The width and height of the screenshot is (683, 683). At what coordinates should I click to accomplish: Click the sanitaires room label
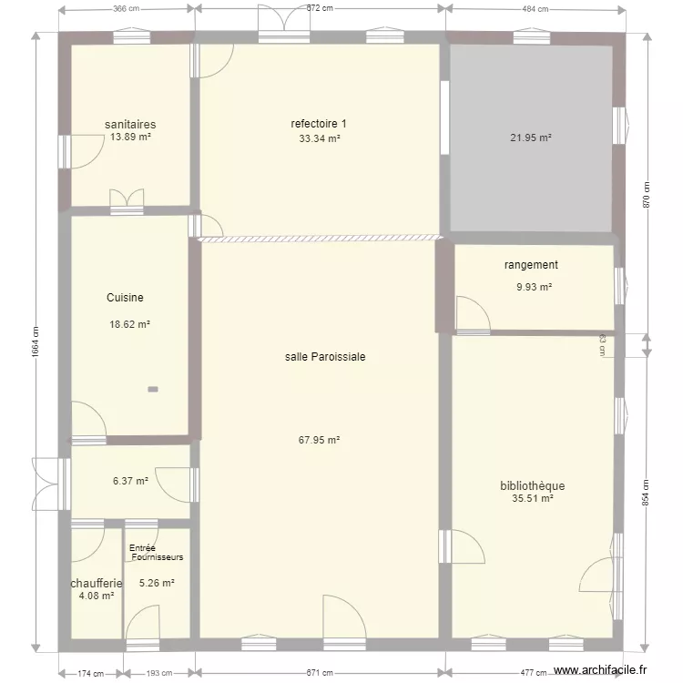click(x=130, y=124)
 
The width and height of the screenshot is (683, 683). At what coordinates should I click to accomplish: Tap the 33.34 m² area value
click(x=319, y=138)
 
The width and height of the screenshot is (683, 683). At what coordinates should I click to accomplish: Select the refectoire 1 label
click(x=319, y=124)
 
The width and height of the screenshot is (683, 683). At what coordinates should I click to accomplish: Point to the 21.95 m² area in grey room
click(x=531, y=138)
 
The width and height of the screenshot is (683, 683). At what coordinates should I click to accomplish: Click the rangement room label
click(x=531, y=265)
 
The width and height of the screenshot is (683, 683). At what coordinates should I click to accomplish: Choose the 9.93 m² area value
click(x=533, y=287)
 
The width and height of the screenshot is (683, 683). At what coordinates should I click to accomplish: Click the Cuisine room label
click(x=125, y=298)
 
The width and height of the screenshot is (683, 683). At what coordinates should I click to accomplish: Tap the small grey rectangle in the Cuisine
click(x=153, y=389)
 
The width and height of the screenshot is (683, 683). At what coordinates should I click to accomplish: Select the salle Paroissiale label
click(x=325, y=357)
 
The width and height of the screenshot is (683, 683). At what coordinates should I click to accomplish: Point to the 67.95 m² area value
click(x=319, y=440)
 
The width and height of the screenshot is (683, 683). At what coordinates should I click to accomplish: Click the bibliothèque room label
click(x=532, y=485)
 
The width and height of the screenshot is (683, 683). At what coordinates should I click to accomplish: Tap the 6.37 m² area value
click(x=130, y=482)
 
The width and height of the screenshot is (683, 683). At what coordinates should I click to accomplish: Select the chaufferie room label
click(x=97, y=583)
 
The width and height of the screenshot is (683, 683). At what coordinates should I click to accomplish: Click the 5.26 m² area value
click(x=157, y=584)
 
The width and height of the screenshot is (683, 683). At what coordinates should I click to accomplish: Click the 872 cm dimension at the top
click(x=319, y=8)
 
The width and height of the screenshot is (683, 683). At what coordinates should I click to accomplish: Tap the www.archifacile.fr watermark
click(x=602, y=670)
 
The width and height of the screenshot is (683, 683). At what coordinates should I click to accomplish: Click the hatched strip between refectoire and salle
click(x=319, y=240)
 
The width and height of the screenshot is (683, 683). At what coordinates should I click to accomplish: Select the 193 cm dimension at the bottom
click(x=158, y=673)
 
